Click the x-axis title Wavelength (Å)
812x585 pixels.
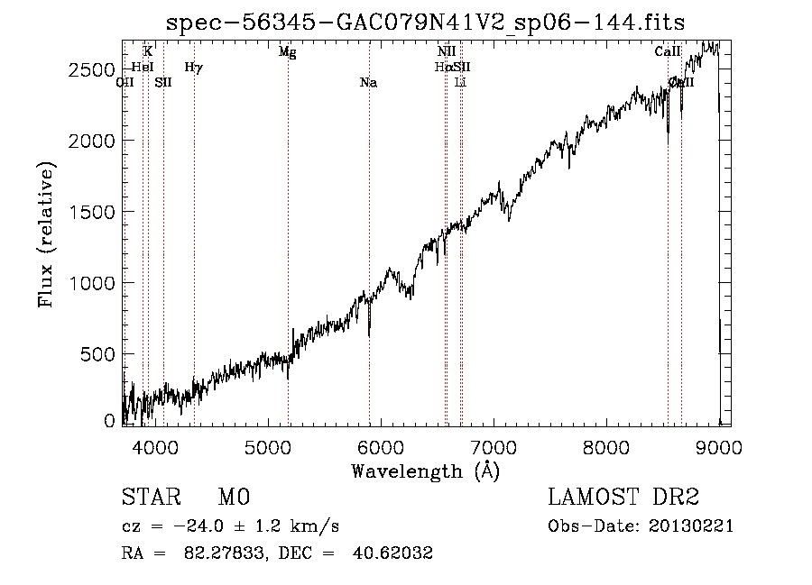click(x=425, y=471)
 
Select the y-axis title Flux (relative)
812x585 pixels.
click(x=47, y=235)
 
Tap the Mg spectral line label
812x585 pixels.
click(x=287, y=52)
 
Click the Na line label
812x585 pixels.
click(x=368, y=83)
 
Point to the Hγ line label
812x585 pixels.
click(x=193, y=67)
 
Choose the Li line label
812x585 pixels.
click(x=461, y=83)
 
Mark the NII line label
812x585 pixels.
click(x=446, y=52)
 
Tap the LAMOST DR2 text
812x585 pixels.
click(x=623, y=498)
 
